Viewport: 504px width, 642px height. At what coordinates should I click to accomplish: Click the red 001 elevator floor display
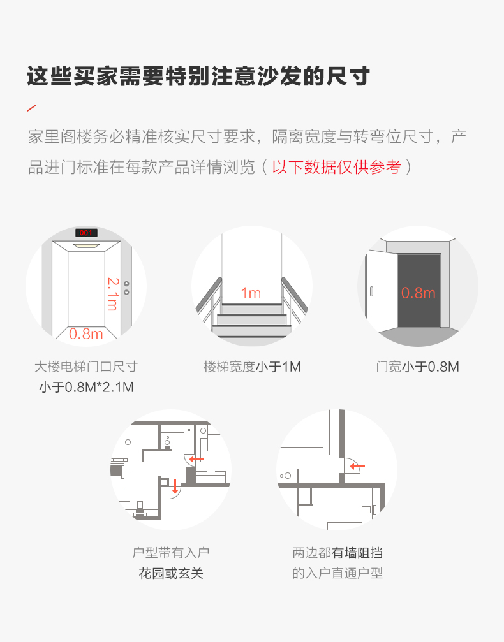[x=86, y=233]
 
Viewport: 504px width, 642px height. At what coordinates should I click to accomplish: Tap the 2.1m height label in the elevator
[x=113, y=294]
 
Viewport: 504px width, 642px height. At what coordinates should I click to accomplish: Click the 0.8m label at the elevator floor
[x=86, y=334]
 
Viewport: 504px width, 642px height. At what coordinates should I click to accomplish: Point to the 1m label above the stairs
[x=251, y=293]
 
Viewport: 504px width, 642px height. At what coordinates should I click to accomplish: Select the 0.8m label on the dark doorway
[x=418, y=293]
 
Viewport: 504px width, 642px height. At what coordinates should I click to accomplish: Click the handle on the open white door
[x=372, y=291]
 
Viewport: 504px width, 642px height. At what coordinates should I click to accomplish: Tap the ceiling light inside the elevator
[x=87, y=245]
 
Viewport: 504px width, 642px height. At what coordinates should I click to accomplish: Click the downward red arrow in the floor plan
[x=175, y=486]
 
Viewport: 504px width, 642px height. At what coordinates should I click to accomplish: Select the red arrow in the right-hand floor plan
[x=357, y=466]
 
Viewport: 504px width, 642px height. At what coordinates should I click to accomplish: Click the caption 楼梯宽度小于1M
[x=253, y=367]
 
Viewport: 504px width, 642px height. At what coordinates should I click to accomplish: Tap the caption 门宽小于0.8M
[x=417, y=367]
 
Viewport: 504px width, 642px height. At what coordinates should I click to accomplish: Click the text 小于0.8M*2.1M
[x=87, y=387]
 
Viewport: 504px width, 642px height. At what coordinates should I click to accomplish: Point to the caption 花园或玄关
[x=171, y=573]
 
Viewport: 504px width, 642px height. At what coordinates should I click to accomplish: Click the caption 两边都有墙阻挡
[x=337, y=553]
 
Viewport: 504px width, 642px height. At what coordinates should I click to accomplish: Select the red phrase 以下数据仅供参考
[x=336, y=167]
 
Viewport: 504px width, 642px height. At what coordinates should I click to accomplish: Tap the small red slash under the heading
[x=31, y=108]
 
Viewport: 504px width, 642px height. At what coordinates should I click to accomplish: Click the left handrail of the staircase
[x=209, y=295]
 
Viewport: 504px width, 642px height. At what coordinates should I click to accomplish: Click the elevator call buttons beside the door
[x=126, y=288]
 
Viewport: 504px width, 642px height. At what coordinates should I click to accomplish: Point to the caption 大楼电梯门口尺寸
[x=86, y=367]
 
